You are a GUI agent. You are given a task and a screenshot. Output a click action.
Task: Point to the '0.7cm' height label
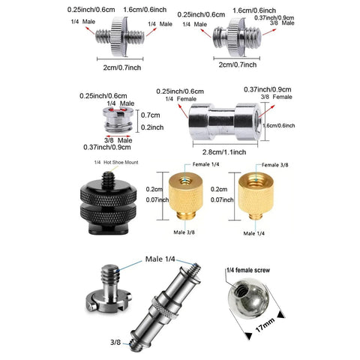(151, 115)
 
